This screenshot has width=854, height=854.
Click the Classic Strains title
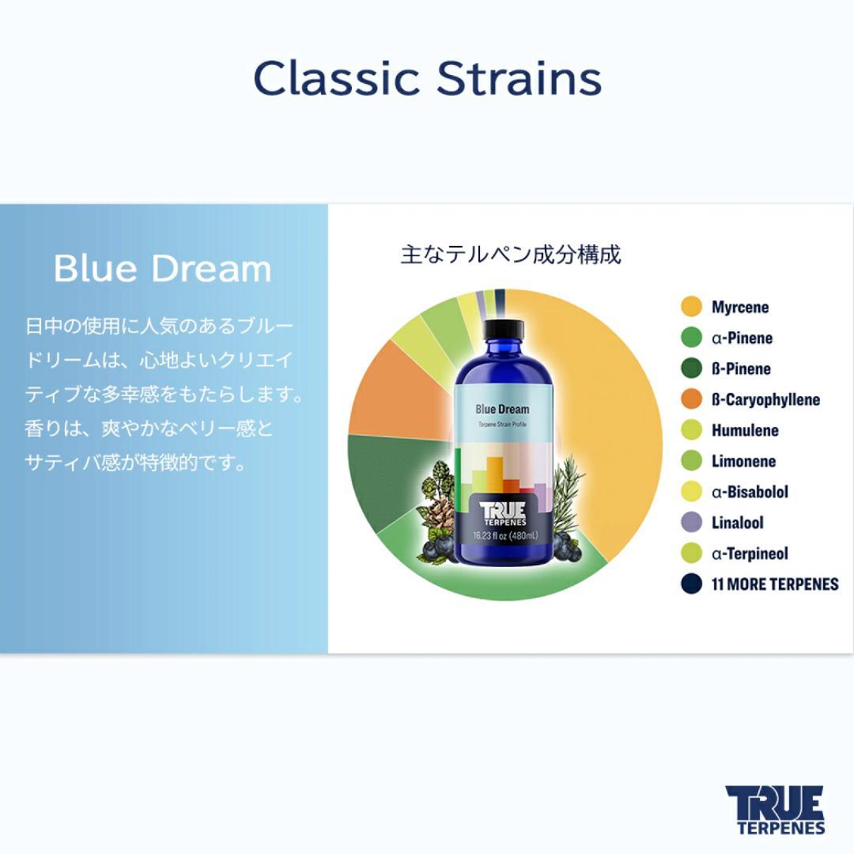(x=427, y=78)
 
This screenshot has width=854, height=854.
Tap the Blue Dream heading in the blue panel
(x=162, y=269)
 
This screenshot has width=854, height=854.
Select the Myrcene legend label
(x=739, y=307)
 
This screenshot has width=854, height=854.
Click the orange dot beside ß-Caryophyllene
(x=691, y=399)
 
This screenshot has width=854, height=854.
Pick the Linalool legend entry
(x=737, y=523)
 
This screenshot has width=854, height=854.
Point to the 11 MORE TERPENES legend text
(x=774, y=584)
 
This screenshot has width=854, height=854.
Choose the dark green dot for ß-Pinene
(x=691, y=368)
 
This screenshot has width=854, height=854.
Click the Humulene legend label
(x=744, y=430)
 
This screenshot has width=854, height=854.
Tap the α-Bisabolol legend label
(x=749, y=492)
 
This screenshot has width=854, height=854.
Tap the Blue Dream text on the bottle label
(x=502, y=409)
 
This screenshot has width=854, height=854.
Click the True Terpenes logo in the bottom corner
(x=774, y=810)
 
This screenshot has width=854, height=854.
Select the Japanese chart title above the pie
(x=510, y=255)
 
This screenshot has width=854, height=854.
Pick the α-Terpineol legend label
(x=749, y=554)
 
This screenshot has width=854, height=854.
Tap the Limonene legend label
(x=743, y=461)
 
